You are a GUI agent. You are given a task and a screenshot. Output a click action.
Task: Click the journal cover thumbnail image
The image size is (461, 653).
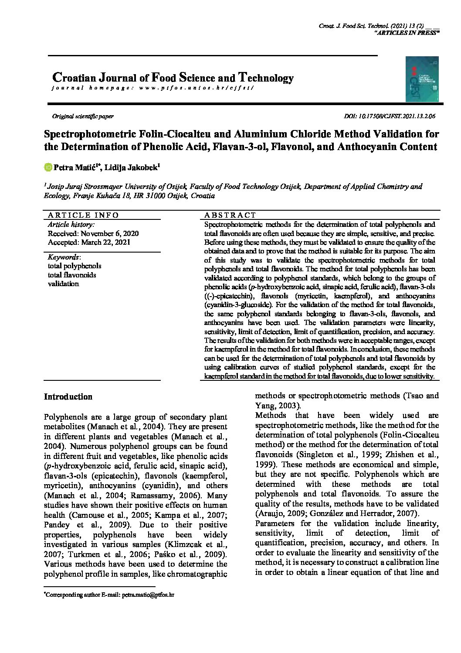[421, 79]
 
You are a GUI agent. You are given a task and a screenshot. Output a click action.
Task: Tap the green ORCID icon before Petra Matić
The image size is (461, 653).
[48, 167]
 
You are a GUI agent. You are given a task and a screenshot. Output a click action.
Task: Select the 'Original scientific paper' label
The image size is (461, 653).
[83, 116]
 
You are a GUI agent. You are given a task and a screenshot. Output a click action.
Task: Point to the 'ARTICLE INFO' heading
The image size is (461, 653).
[83, 215]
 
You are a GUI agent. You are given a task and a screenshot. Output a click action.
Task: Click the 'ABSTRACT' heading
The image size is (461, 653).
[230, 215]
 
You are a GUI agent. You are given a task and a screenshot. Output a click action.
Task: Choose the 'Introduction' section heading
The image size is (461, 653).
[68, 397]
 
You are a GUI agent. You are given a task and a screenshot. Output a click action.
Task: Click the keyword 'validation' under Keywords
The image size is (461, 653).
[63, 284]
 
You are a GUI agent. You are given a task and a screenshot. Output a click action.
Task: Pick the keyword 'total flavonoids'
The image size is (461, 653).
[72, 275]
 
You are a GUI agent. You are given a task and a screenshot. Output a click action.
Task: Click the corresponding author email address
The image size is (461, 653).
[148, 595]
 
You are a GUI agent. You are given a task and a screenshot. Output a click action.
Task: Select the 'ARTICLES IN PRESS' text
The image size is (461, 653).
[407, 33]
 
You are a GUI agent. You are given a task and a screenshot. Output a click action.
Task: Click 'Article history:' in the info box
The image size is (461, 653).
[71, 225]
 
